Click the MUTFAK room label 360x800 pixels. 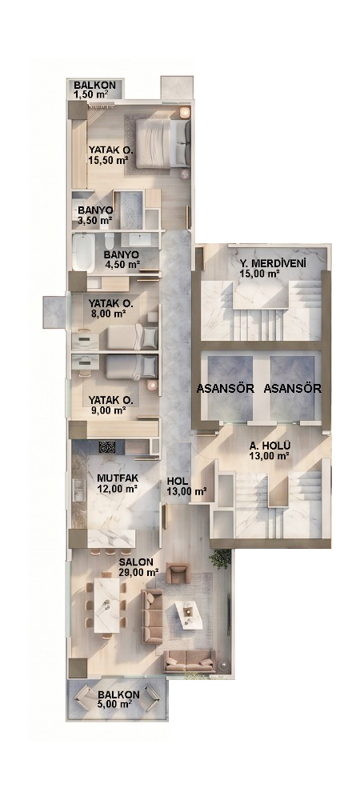click(118, 483)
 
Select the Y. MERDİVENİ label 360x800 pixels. click(272, 268)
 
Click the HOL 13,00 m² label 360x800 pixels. click(186, 486)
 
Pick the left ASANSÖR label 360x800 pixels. click(226, 388)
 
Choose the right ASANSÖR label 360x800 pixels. click(293, 388)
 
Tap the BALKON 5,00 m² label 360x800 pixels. click(118, 699)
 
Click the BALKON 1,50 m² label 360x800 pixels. click(94, 90)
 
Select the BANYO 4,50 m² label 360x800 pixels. click(122, 259)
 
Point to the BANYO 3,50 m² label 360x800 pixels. click(95, 216)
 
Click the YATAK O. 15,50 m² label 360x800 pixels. click(110, 155)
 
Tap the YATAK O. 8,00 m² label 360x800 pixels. click(110, 309)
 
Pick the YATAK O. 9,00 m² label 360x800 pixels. click(110, 404)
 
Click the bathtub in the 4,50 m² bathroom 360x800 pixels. click(83, 253)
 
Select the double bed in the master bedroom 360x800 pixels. click(163, 143)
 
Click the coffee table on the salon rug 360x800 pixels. click(187, 614)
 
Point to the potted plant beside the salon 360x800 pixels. click(220, 559)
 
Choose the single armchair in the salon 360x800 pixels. click(178, 574)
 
